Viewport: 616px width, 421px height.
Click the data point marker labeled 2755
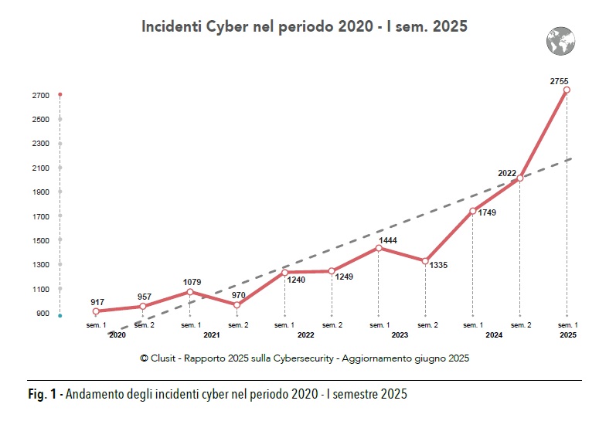[567, 90]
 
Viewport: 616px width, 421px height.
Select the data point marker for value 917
[96, 311]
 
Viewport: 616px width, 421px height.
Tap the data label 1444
[387, 240]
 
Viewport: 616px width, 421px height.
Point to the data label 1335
[438, 266]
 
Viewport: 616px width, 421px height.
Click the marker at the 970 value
[237, 305]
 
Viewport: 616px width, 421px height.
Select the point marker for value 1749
[473, 211]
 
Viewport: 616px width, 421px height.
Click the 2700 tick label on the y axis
[42, 95]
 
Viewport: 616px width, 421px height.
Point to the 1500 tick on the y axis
[42, 240]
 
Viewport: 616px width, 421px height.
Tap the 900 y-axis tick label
[42, 314]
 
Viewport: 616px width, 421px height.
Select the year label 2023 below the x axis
[400, 335]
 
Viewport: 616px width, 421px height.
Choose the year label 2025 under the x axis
[567, 335]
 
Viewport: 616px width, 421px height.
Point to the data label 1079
[193, 282]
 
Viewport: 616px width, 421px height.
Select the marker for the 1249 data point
[332, 271]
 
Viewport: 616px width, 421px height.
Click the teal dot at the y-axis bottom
[60, 316]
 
